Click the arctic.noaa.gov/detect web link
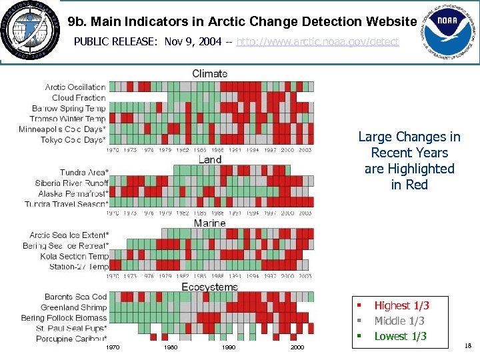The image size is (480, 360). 317,41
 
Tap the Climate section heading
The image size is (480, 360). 210,73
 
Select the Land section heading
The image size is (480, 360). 210,159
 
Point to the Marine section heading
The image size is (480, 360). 210,223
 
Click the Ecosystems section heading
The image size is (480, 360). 210,287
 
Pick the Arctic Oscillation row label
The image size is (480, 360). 75,87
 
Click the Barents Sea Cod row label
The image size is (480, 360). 75,297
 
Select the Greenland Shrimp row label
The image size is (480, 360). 73,307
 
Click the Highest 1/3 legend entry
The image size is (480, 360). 401,305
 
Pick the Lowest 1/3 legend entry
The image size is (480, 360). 400,336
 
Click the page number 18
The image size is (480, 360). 467,345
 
